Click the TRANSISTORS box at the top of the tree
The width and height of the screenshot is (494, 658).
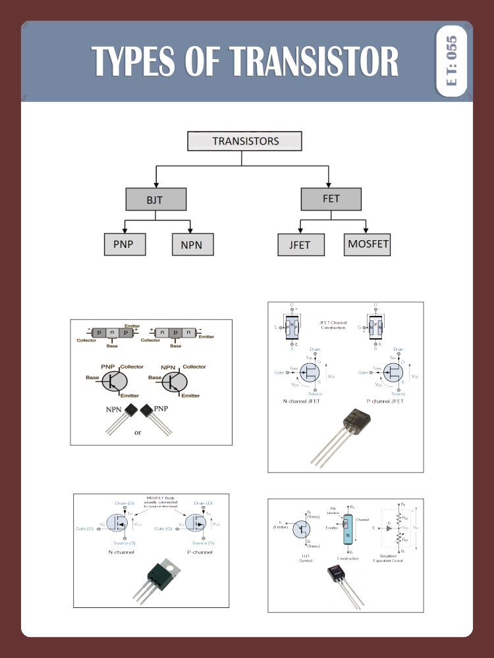point(244,141)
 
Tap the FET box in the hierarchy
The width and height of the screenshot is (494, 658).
point(331,199)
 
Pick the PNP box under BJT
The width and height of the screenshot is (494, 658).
point(124,244)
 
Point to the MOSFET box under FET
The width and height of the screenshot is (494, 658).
point(368,244)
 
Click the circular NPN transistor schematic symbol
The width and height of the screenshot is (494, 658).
point(177,381)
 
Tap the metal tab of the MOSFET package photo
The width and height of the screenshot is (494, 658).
point(170,565)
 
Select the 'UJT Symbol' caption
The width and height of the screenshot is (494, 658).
point(306,558)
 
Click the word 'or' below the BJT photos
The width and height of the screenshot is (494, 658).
point(138,432)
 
